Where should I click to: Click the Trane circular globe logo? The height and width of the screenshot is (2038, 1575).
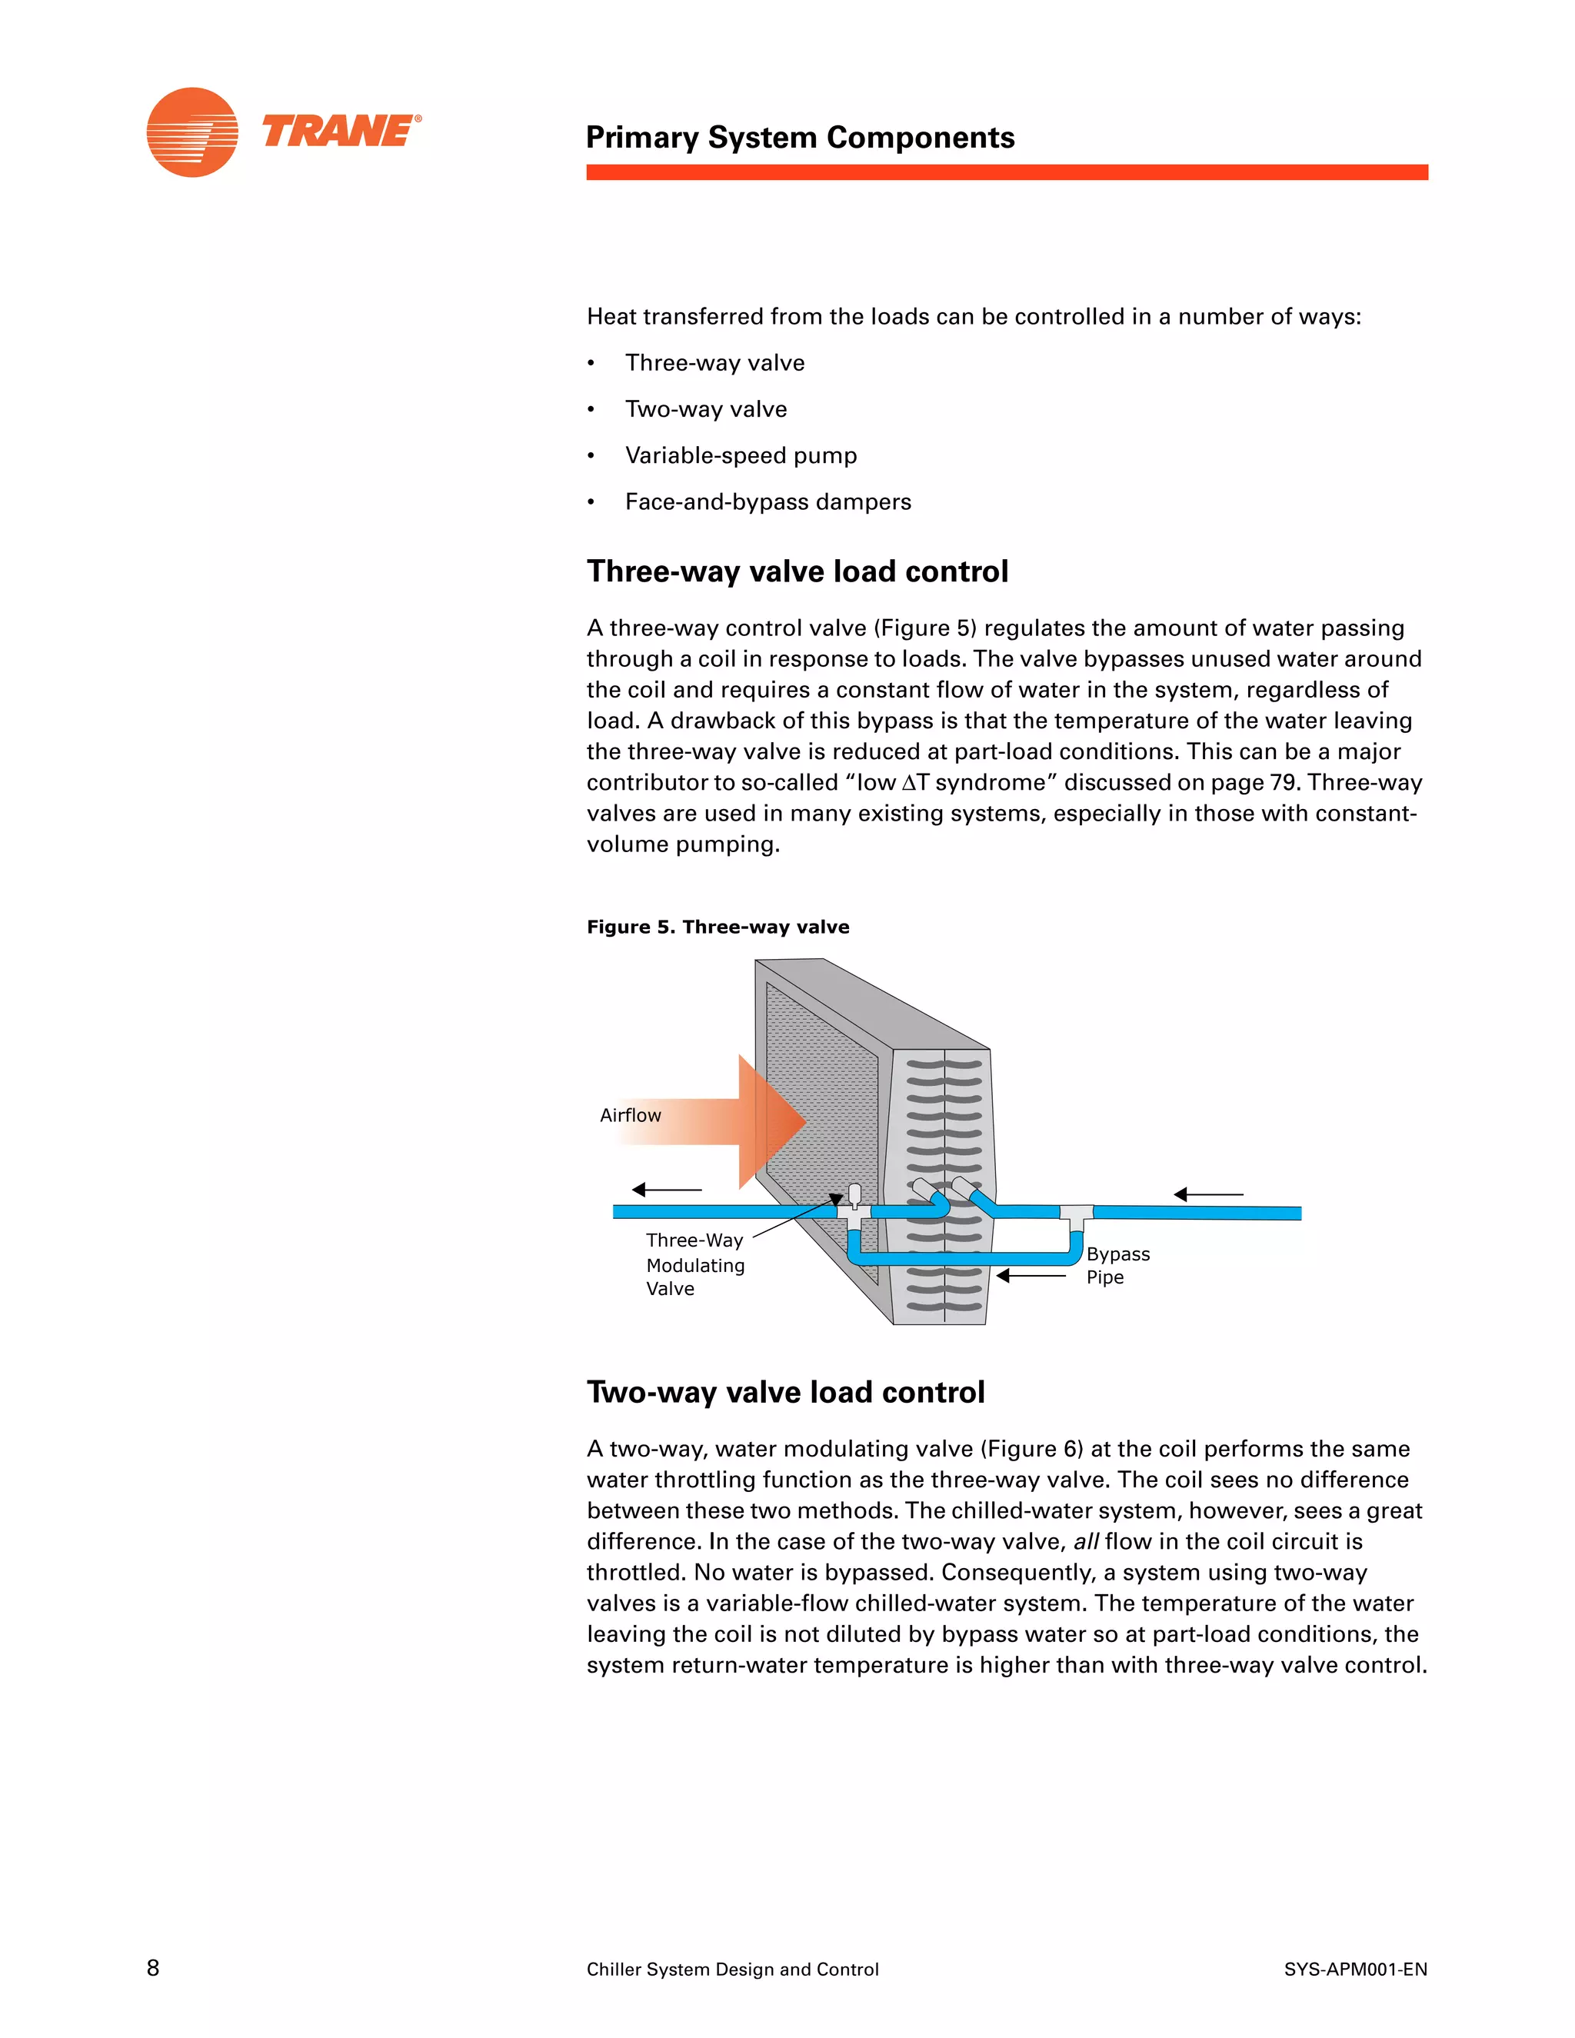(192, 132)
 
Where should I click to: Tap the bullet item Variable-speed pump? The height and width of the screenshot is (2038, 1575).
(740, 455)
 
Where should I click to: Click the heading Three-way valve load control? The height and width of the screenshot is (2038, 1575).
(797, 571)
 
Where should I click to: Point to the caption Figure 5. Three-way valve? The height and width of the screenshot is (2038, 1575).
(718, 927)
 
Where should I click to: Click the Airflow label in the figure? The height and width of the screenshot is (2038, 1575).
(630, 1115)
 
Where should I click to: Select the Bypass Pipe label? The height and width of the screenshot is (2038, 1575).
(1117, 1265)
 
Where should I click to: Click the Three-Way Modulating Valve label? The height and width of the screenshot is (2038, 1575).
(694, 1264)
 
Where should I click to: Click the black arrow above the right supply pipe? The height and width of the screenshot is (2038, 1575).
(1207, 1194)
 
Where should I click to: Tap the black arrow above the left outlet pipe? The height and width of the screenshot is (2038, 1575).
(666, 1190)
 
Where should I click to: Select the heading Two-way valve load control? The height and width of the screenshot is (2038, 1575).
(786, 1391)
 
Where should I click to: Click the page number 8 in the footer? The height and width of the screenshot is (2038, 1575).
(153, 1968)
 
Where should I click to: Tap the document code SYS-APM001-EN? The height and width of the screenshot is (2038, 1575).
(1355, 1969)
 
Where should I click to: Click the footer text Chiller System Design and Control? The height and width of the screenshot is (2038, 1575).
(732, 1969)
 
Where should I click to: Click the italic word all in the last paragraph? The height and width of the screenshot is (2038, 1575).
(1085, 1541)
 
